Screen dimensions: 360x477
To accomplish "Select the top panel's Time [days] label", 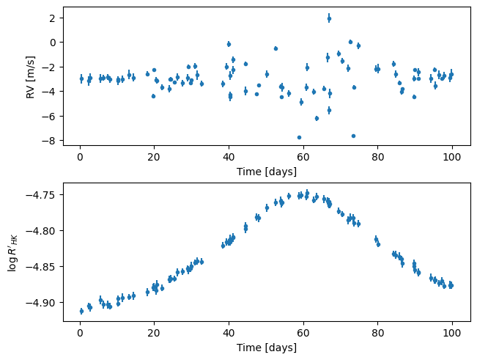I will coord(267,172).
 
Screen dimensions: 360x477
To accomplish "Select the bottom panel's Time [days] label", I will coord(267,346).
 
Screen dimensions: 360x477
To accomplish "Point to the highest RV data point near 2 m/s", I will coord(329,18).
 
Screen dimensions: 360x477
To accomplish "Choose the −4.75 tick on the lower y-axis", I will coord(43,195).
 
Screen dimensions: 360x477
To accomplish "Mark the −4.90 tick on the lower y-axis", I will coord(43,303).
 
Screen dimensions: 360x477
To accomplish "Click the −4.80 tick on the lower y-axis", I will coord(43,231).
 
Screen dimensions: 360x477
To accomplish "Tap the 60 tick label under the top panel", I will coord(303,158).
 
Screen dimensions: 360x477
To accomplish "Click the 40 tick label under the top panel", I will coord(229,158).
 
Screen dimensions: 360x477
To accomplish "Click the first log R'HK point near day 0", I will coord(81,311).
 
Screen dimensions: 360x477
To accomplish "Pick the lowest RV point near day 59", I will coord(299,137).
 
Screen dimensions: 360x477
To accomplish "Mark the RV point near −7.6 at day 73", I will coord(353,136).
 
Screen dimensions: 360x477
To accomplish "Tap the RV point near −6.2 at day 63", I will coord(317,118).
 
